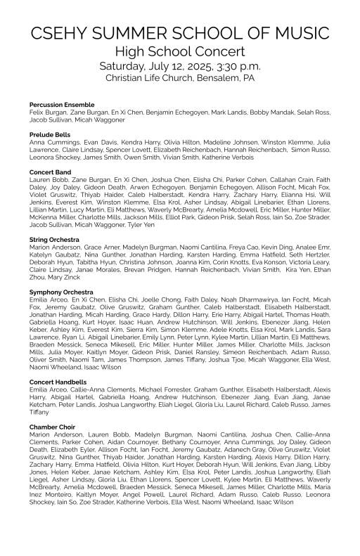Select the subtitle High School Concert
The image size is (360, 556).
[179, 51]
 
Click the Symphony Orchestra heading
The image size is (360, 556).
[59, 290]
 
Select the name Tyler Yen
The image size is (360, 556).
[141, 224]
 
